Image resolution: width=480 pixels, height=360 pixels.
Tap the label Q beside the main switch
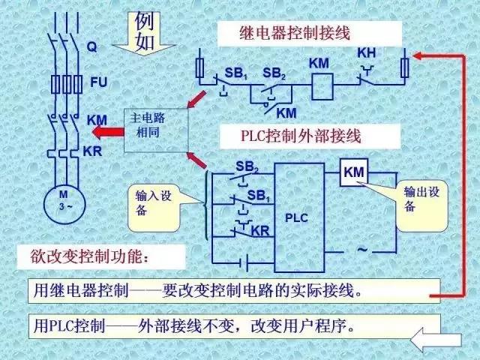tap(91, 46)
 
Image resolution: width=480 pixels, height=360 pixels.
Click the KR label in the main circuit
tap(92, 150)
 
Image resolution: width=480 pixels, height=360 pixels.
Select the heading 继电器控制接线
tap(284, 33)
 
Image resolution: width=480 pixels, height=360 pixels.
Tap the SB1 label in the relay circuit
tap(236, 73)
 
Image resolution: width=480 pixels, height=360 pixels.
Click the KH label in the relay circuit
tap(366, 53)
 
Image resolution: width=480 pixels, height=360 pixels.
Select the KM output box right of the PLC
tap(354, 173)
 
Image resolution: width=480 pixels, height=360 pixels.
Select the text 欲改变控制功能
tap(100, 256)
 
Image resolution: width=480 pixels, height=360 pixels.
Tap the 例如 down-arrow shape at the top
tap(143, 33)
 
